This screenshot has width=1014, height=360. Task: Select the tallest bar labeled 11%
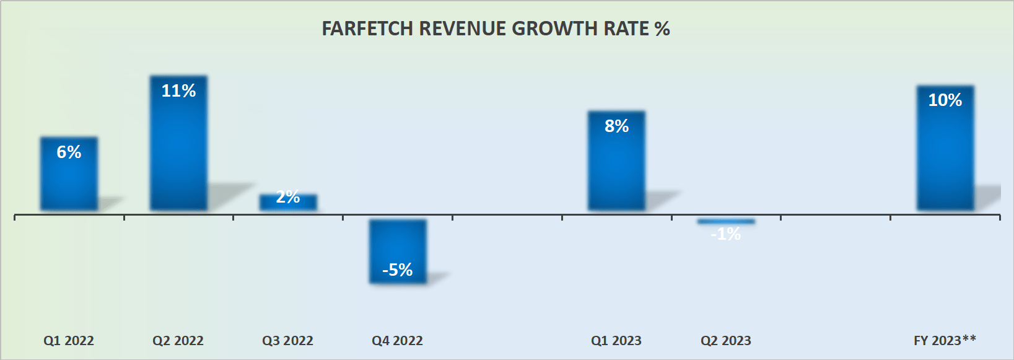click(x=178, y=149)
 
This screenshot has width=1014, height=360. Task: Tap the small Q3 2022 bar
click(x=288, y=203)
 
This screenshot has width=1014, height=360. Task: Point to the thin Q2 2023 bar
click(x=726, y=221)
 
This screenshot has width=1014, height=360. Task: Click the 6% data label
click(x=69, y=152)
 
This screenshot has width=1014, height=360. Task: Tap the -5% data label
click(x=398, y=270)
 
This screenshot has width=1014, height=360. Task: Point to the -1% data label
click(x=726, y=234)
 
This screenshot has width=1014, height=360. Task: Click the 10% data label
click(x=945, y=100)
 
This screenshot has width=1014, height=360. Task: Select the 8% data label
click(x=616, y=126)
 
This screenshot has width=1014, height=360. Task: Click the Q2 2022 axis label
click(x=178, y=341)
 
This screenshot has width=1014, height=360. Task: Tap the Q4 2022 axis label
click(x=398, y=341)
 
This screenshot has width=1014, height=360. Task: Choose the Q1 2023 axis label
click(x=616, y=341)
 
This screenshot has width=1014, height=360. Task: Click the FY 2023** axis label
click(x=945, y=340)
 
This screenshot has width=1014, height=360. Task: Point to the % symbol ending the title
click(x=662, y=29)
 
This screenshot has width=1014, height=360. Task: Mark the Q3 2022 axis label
click(x=288, y=341)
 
